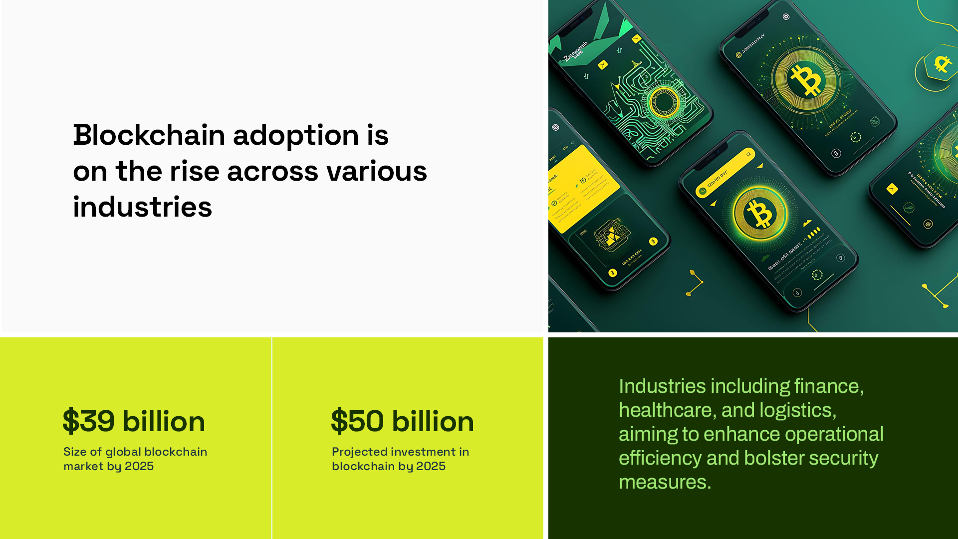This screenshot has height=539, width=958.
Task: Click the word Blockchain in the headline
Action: coord(149,135)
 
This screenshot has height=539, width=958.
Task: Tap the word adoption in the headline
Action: coord(296,135)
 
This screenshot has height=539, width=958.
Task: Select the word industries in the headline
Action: coord(142,207)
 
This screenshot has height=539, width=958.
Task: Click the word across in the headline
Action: coord(272,171)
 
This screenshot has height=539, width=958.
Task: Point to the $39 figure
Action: coord(88,421)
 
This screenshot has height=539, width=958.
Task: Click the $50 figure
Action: coord(357,421)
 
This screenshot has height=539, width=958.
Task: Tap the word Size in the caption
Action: coord(74,452)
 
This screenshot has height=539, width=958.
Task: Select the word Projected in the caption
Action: coord(359,452)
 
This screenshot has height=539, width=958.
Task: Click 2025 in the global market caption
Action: coord(139,466)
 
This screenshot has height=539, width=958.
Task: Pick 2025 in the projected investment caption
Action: coord(431,466)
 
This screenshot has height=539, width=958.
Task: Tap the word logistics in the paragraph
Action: coord(795,410)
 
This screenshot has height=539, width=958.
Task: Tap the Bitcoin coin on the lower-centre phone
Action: coord(759,214)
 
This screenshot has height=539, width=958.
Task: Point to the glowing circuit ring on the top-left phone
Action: coord(664,102)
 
